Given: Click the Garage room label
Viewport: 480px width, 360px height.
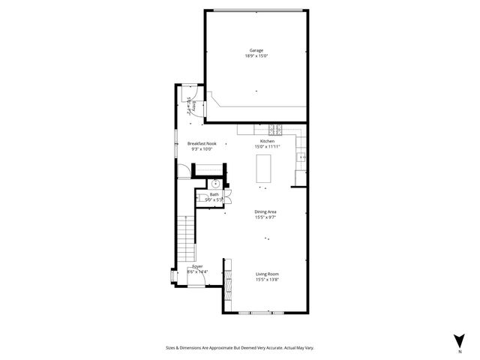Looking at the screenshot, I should click(x=256, y=50).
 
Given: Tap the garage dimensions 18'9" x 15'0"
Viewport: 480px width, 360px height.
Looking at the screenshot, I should click(x=256, y=56).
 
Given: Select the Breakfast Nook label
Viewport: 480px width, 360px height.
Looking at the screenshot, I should click(x=200, y=143).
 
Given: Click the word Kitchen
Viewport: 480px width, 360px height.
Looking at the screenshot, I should click(x=267, y=141).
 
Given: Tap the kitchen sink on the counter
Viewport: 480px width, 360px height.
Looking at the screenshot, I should click(x=301, y=157).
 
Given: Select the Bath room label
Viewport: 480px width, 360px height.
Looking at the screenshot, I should click(x=214, y=194).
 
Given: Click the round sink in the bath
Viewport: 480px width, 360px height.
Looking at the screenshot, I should click(x=215, y=183).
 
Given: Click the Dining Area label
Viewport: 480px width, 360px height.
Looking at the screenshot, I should click(x=267, y=211).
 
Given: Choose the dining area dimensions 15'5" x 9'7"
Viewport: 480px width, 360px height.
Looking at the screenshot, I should click(x=267, y=217).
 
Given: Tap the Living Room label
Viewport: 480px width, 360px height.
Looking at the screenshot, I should click(x=267, y=274).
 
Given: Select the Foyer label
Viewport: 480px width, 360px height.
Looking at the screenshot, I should click(x=197, y=266).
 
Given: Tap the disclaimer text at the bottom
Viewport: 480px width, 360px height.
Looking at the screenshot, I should click(x=240, y=348).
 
